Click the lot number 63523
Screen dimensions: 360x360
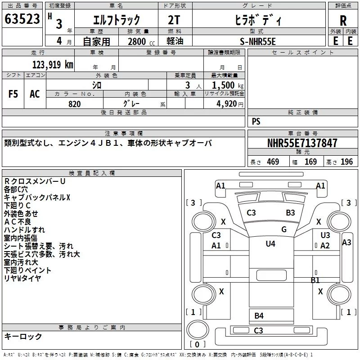point(22,19)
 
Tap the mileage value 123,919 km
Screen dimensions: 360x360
point(53,64)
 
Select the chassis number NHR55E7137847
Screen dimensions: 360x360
point(302,143)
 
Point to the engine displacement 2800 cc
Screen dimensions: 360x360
point(141,41)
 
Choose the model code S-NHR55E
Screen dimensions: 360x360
point(257,41)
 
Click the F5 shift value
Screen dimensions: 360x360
point(13,94)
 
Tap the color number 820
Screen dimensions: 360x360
point(75,104)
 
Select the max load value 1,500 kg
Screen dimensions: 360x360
point(228,85)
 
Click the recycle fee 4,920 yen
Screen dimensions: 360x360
point(230,104)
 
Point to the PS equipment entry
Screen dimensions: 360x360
point(256,121)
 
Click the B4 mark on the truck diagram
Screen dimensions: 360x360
point(259,316)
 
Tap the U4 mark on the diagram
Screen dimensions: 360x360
point(270,243)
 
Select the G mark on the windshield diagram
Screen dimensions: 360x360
point(284,229)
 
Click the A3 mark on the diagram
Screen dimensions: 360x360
point(346,243)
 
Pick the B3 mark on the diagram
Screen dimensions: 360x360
point(290,213)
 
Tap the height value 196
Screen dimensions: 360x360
point(346,162)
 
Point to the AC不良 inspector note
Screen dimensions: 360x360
point(18,222)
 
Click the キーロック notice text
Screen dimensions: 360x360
point(23,336)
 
